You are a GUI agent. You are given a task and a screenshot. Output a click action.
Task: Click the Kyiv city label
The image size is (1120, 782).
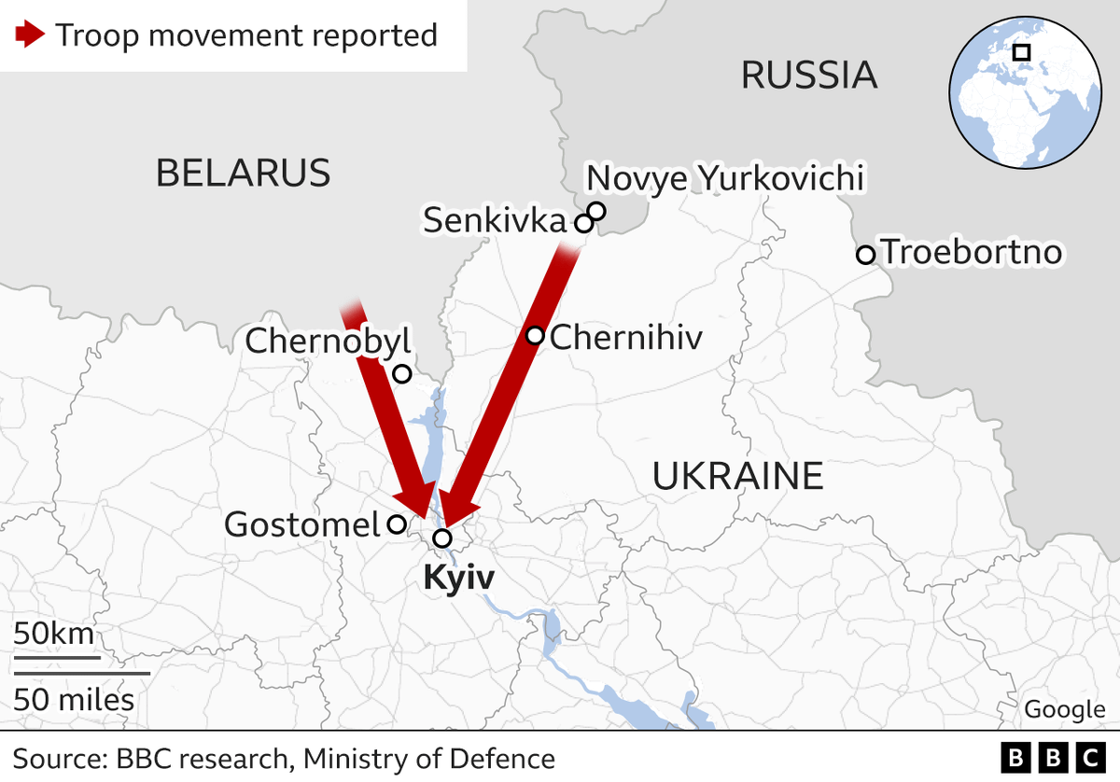(x=458, y=579)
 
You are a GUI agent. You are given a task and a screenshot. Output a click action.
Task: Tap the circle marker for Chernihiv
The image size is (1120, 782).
(x=536, y=336)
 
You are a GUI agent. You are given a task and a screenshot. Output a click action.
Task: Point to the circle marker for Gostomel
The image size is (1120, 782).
(x=397, y=524)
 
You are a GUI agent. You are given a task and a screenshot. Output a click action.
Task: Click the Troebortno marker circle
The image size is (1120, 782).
(x=865, y=254)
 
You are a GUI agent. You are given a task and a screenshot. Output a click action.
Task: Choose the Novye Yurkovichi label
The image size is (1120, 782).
(x=724, y=177)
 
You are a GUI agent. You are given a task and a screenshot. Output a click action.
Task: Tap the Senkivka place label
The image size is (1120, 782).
(x=495, y=221)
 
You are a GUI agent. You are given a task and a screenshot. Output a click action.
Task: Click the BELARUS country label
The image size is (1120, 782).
(x=243, y=173)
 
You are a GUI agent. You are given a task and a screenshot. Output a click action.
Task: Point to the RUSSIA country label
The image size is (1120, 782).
(x=809, y=75)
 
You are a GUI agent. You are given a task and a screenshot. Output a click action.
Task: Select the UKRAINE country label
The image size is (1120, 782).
(x=737, y=476)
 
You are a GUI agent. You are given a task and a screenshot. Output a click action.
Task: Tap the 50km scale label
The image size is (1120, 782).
(x=54, y=635)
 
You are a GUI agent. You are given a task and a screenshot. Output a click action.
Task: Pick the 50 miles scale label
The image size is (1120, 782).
(x=74, y=699)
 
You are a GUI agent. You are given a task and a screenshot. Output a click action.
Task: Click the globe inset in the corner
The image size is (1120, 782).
(x=1024, y=93)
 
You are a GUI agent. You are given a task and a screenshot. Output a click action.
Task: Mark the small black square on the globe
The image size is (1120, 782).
(x=1022, y=52)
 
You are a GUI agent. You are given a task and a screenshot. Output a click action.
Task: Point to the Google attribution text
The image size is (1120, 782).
(x=1064, y=709)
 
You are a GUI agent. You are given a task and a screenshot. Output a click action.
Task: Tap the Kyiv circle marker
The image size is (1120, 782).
(x=442, y=538)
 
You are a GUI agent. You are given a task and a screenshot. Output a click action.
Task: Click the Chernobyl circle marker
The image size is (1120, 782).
(x=401, y=374)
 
